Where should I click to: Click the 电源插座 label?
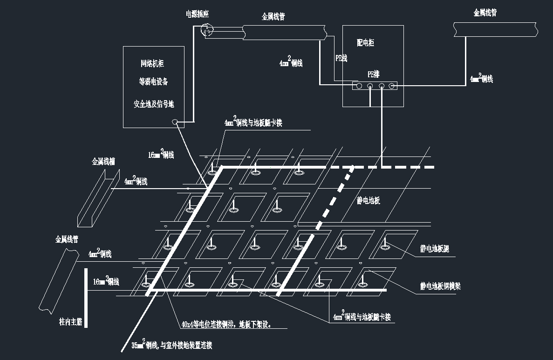pyautogui.click(x=198, y=14)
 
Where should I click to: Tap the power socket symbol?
pyautogui.click(x=206, y=31)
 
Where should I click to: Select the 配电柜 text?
pyautogui.click(x=365, y=43)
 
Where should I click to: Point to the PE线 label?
pyautogui.click(x=341, y=58)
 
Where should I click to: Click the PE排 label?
pyautogui.click(x=374, y=74)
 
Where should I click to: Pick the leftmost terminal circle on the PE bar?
pyautogui.click(x=359, y=86)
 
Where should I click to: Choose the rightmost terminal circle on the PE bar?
pyautogui.click(x=392, y=86)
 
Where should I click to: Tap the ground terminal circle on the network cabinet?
pyautogui.click(x=175, y=122)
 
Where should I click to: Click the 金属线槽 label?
pyautogui.click(x=103, y=162)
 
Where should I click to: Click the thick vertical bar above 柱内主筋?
pyautogui.click(x=86, y=298)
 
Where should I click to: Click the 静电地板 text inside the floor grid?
pyautogui.click(x=369, y=201)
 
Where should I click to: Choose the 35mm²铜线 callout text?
pyautogui.click(x=172, y=345)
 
